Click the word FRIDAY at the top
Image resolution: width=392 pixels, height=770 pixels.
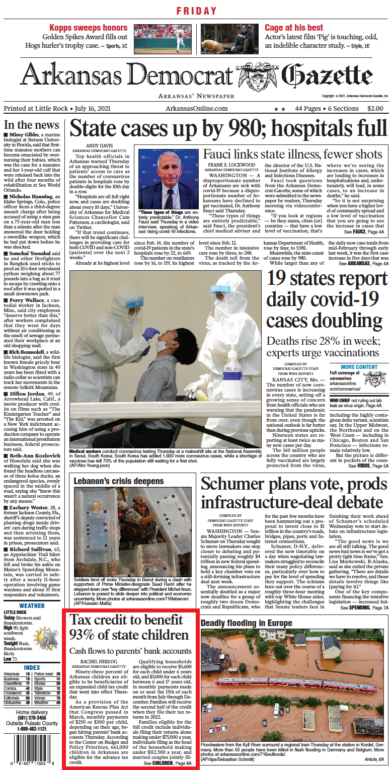click(x=196, y=11)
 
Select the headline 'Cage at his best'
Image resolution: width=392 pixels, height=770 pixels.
click(x=294, y=28)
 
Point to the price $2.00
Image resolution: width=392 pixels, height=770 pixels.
click(x=375, y=108)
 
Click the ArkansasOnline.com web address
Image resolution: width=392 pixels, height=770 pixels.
click(x=196, y=108)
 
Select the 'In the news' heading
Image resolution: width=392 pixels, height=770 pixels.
click(x=31, y=125)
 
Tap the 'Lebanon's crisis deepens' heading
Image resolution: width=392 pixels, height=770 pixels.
click(x=119, y=481)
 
